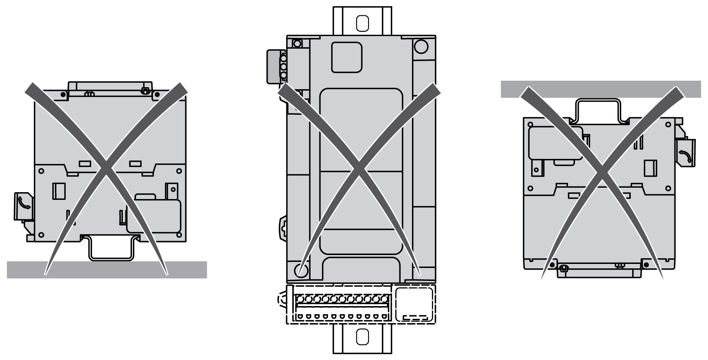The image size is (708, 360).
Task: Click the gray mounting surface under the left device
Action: (24, 270)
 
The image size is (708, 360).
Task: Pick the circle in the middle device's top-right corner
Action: (421, 46)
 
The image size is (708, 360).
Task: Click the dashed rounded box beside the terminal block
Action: (413, 304)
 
